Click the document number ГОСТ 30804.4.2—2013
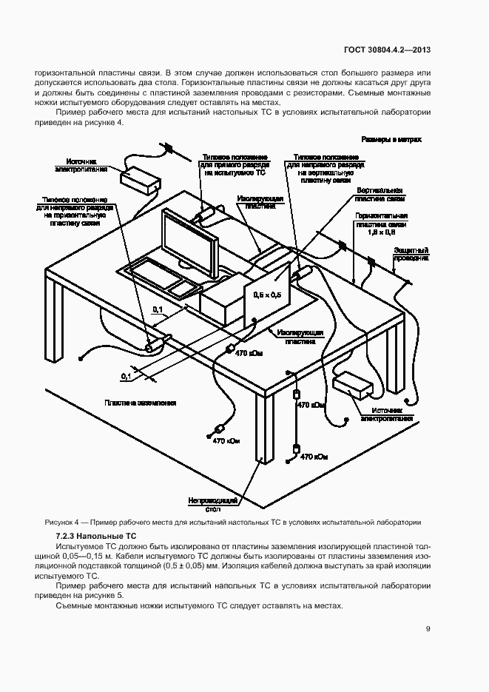pyautogui.click(x=387, y=50)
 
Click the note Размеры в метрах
pyautogui.click(x=391, y=138)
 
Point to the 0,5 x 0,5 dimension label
pyautogui.click(x=266, y=295)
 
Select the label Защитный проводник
pyautogui.click(x=411, y=255)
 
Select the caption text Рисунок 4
pyautogui.click(x=66, y=521)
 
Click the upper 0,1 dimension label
pyautogui.click(x=158, y=309)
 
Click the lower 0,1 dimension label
pyautogui.click(x=125, y=377)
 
